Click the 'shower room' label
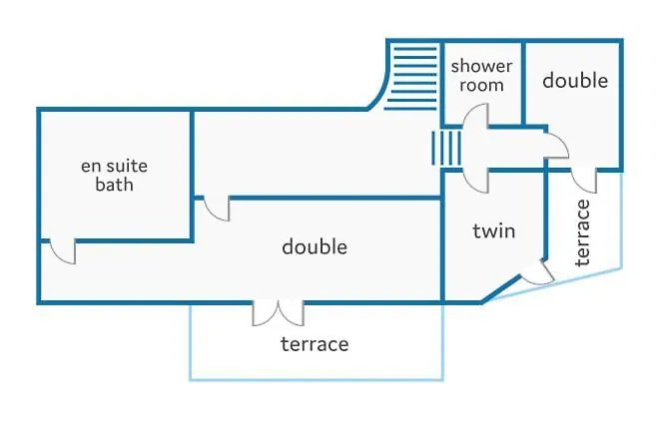(x=481, y=76)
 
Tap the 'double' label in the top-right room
(x=575, y=80)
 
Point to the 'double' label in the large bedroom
(x=315, y=246)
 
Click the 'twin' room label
(x=493, y=231)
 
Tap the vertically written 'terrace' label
(x=585, y=231)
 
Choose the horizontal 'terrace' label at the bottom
(x=315, y=344)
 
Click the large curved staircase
(x=412, y=75)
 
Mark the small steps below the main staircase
(x=443, y=151)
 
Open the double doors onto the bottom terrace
(x=278, y=312)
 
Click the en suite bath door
(x=61, y=251)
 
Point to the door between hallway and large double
(x=216, y=209)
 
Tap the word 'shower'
(x=482, y=67)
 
